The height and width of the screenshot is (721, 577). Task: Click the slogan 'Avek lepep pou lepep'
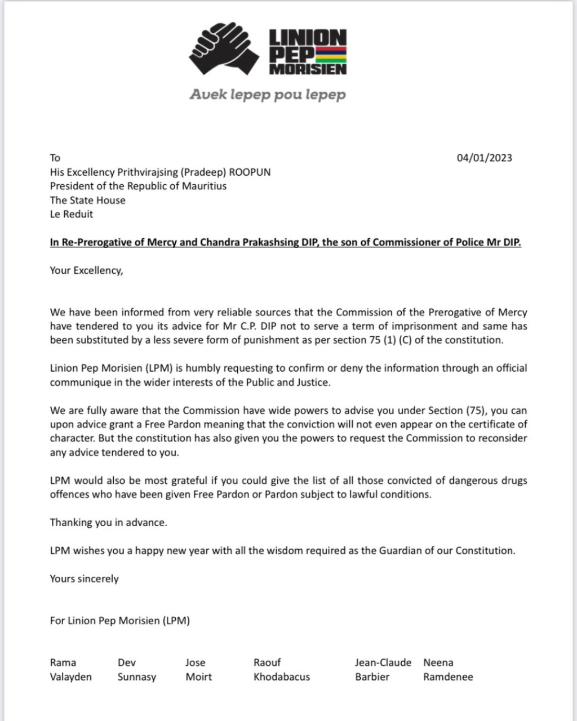[268, 95]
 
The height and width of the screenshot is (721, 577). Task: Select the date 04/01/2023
[484, 158]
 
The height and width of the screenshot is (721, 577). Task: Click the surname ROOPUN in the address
[250, 172]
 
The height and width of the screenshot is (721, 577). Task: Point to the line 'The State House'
[87, 200]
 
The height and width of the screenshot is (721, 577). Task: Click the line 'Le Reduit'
[72, 214]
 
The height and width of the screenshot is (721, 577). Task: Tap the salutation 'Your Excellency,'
[86, 270]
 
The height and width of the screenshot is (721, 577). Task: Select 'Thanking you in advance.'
[108, 522]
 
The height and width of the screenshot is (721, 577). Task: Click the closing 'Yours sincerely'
[84, 578]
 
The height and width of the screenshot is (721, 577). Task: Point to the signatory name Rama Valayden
[70, 670]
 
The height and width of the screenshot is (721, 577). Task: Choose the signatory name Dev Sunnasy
[136, 670]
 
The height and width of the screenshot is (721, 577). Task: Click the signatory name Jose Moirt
[198, 670]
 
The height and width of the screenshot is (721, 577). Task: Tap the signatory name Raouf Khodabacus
[281, 670]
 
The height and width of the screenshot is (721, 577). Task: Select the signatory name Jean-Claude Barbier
[383, 670]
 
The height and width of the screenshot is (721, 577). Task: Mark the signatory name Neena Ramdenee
[448, 670]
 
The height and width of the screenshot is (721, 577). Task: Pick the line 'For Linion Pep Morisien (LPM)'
[119, 621]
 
